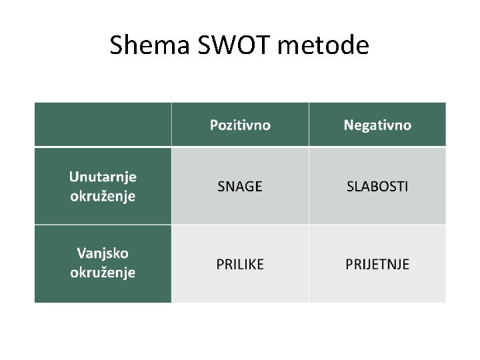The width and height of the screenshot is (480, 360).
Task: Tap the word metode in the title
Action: coord(323,45)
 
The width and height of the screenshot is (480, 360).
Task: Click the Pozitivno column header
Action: coord(240,125)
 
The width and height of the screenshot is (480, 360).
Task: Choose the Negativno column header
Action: coord(377,125)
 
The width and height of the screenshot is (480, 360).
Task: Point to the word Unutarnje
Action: coord(103,177)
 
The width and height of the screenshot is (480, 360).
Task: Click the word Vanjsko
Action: coord(103,253)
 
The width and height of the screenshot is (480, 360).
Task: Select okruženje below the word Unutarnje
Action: coord(103,196)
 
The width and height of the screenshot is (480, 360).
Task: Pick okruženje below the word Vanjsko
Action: coord(103,273)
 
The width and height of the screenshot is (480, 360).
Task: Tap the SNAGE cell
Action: coord(240,187)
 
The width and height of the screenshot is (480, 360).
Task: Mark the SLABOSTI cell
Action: coord(377,187)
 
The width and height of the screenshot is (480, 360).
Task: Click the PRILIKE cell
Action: coord(240,264)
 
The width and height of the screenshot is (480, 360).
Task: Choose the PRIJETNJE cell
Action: coord(377,264)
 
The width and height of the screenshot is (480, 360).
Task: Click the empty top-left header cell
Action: coord(103,125)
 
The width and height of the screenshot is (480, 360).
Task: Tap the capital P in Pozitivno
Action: coord(214,125)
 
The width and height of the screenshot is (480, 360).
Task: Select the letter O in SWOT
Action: coord(242,45)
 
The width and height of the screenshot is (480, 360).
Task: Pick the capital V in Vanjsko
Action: coord(81,253)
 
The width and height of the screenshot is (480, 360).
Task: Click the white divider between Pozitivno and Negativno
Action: coord(309,125)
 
